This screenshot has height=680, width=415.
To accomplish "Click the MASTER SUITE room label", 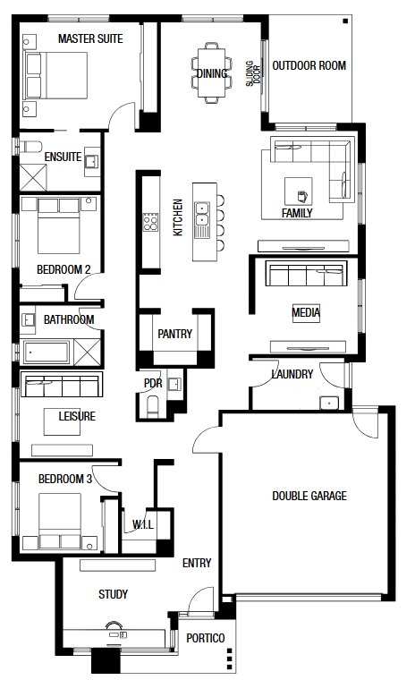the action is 90,39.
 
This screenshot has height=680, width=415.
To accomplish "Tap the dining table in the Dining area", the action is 212,72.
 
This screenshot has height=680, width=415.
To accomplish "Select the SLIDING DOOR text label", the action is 253,73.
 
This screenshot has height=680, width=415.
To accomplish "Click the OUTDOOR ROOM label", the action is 309,65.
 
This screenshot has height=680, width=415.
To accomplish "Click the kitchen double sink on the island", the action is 201,214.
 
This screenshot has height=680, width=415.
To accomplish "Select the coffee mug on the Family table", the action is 302,197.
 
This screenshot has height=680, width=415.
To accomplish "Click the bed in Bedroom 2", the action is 58,225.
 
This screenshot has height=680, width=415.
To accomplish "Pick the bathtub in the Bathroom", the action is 47,353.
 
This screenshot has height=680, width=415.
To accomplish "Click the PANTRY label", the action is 174,334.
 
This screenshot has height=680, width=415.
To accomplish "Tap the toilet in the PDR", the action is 153,406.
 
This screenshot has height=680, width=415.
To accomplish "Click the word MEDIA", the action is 306,312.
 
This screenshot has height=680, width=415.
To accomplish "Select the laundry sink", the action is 329,403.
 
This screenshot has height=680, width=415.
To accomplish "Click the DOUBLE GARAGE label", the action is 309,496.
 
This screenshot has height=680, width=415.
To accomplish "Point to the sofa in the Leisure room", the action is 62,386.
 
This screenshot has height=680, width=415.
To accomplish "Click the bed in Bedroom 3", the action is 60,521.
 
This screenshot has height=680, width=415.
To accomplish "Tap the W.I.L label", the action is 143,524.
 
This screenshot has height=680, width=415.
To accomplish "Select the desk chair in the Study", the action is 114,625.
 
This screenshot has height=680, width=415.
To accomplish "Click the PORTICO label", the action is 206,638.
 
